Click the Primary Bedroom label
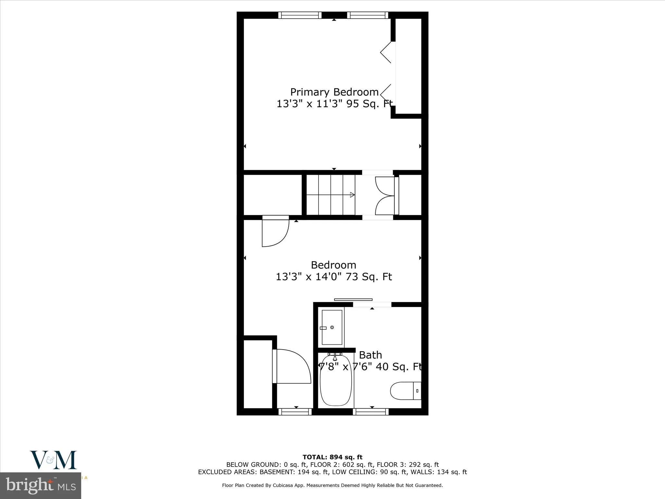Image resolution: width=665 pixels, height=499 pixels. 334,92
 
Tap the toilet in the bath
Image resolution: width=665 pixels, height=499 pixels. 405,391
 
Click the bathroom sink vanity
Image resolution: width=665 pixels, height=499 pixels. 332,327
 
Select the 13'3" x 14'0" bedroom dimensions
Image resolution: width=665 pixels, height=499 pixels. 333,277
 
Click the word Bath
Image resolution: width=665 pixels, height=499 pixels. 370,355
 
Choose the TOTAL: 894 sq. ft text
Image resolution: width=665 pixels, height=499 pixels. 332,457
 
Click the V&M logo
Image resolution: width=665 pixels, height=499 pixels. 54,460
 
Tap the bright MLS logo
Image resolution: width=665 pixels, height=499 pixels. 41,486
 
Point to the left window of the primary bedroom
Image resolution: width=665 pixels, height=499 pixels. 300,15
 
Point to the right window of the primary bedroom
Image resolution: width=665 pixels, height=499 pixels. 368,15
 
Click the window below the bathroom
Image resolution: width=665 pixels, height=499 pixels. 371,412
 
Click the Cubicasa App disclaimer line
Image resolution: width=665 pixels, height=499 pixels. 332,485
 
